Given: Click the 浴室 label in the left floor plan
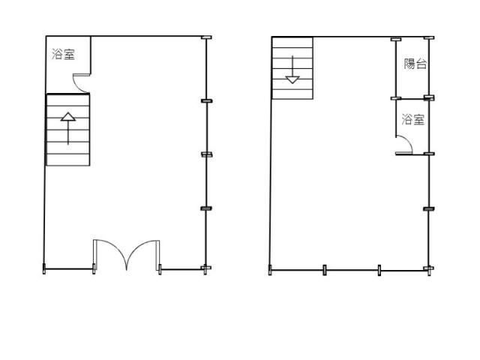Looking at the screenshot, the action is point(63,54).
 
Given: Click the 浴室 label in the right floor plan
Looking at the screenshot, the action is point(413,119).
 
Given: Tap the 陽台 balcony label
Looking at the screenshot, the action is point(415,64).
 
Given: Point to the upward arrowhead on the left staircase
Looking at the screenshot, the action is point(68,117).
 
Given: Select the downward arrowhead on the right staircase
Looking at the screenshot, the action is point(292,80).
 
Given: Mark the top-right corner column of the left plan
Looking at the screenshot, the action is point(206,37).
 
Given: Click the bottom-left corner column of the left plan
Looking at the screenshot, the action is point(44,268).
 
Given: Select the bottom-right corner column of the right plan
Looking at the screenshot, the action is point(429,269).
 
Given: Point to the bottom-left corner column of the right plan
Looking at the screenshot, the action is point(270,270).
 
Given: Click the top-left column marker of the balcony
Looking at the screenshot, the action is point(396,39).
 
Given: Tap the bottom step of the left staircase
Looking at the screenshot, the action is point(68,160).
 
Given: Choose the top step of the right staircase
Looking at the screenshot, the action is point(292,42).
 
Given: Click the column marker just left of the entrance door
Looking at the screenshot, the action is point(94,268).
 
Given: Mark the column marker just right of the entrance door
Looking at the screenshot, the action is point(160,269).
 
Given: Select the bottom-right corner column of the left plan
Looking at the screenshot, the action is point(205,268).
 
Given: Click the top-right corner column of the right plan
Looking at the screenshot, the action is point(429,38).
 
